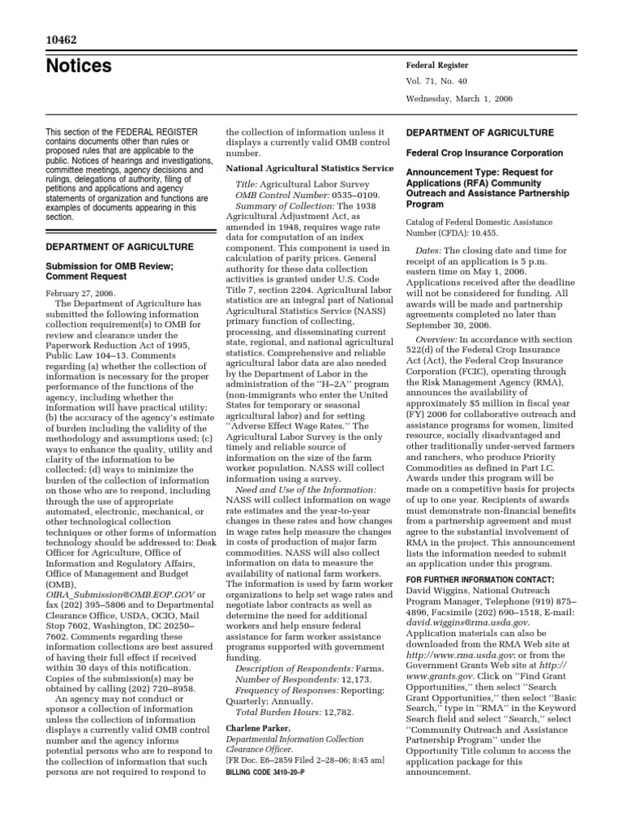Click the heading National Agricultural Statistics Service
(310, 169)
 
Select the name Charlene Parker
(257, 729)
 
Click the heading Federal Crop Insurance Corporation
(484, 153)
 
